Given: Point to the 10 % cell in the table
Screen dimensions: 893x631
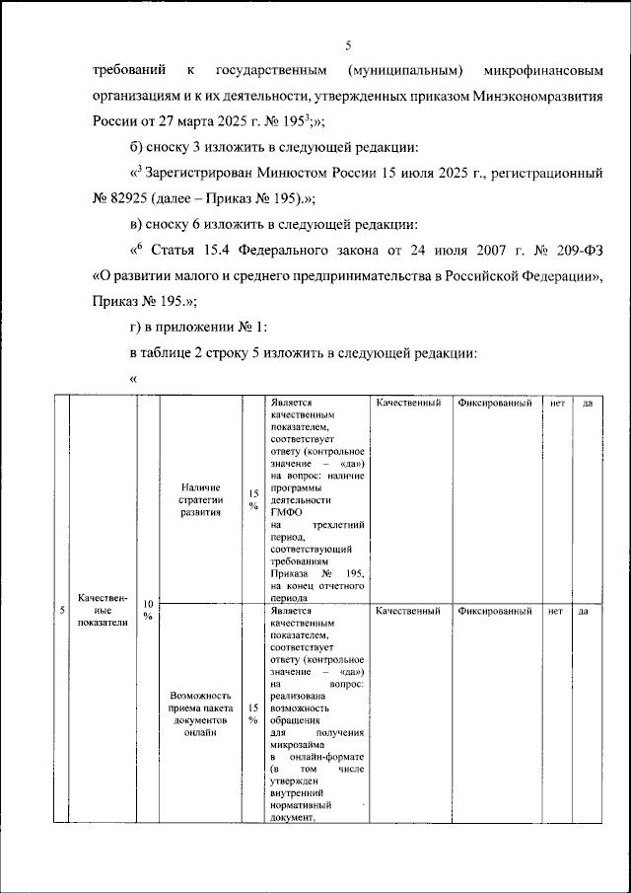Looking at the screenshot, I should click(x=148, y=610).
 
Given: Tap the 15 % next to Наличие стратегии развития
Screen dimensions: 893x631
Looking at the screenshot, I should click(x=253, y=499).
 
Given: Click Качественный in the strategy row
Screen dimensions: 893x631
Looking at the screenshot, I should click(x=407, y=403).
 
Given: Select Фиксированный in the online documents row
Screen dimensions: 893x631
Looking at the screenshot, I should click(x=494, y=611).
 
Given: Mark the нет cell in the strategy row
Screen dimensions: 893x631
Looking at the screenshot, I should click(x=557, y=403).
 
